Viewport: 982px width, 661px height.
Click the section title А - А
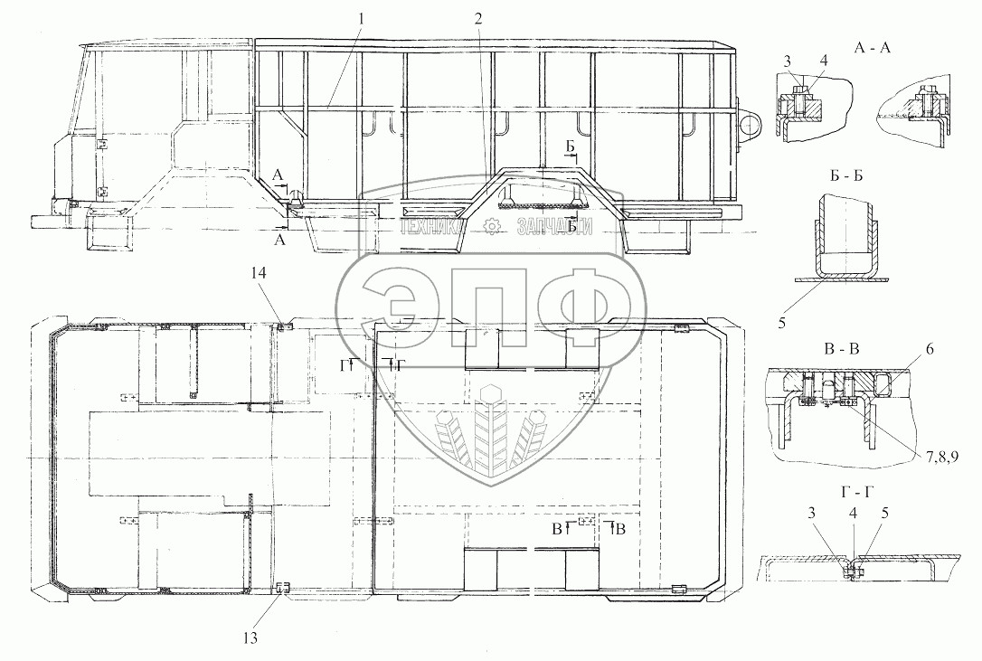872,51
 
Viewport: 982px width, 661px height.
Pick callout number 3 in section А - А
788,61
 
